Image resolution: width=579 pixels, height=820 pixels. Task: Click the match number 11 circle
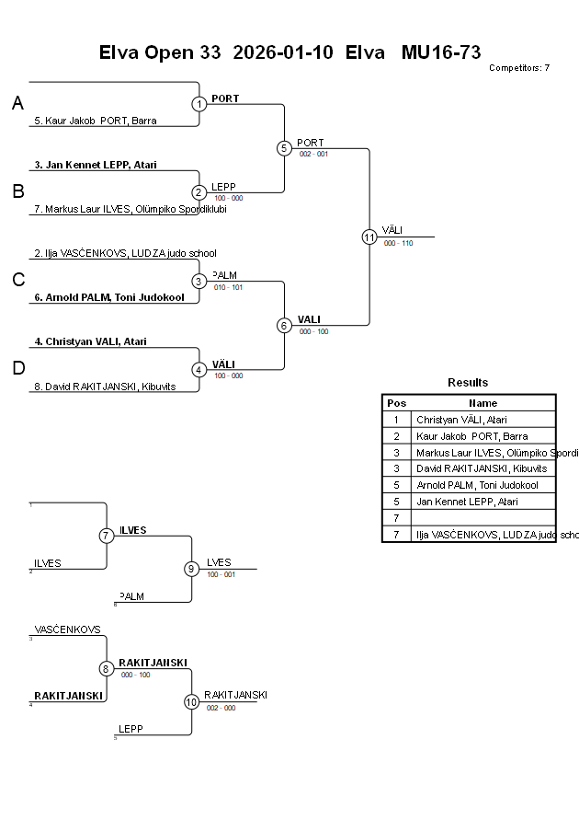pyautogui.click(x=369, y=237)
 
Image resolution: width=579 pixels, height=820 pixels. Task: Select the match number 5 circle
pyautogui.click(x=284, y=148)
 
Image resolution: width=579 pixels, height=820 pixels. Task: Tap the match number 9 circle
pyautogui.click(x=191, y=569)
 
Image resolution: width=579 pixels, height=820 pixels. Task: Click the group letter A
pyautogui.click(x=17, y=104)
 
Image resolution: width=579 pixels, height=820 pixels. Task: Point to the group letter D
pyautogui.click(x=17, y=369)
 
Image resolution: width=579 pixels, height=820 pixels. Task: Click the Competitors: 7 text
pyautogui.click(x=519, y=68)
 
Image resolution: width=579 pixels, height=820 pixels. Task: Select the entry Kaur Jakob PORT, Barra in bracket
pyautogui.click(x=95, y=121)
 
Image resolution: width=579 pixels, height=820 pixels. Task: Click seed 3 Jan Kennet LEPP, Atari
pyautogui.click(x=96, y=165)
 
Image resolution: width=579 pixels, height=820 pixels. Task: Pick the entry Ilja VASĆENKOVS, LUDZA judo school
pyautogui.click(x=125, y=253)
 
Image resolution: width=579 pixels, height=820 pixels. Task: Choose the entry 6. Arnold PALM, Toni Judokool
pyautogui.click(x=109, y=297)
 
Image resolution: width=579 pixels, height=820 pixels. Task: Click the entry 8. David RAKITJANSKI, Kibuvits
pyautogui.click(x=105, y=387)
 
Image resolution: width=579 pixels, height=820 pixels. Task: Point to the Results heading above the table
pyautogui.click(x=468, y=383)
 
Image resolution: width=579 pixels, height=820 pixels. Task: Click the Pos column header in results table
pyautogui.click(x=396, y=403)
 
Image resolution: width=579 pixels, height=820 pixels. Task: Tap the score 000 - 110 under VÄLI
pyautogui.click(x=398, y=244)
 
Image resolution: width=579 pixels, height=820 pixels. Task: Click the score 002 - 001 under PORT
pyautogui.click(x=313, y=154)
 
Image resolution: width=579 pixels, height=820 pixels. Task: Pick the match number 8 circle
pyautogui.click(x=107, y=668)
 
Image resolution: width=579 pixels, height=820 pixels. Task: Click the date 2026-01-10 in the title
pyautogui.click(x=283, y=52)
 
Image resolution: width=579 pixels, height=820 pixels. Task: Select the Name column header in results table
pyautogui.click(x=482, y=403)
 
